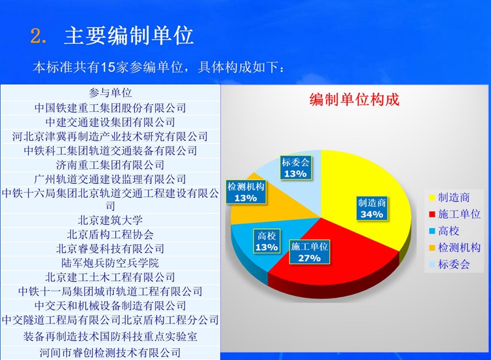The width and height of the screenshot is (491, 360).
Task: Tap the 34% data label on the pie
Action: coord(372,209)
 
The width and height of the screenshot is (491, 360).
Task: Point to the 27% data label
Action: coord(310,252)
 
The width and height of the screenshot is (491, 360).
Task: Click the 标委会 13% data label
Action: coord(295,168)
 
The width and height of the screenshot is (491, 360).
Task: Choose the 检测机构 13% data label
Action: coord(245,192)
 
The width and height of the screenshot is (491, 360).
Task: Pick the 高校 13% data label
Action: coord(267,242)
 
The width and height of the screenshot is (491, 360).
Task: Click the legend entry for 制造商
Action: coord(449,198)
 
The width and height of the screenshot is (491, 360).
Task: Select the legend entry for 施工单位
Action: coord(455,214)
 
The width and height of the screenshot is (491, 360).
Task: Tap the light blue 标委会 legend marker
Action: coord(432,265)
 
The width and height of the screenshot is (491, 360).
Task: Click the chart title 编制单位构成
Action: coord(354,100)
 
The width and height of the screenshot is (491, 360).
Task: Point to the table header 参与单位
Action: coord(110,93)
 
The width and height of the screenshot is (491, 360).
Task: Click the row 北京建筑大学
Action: coord(110,221)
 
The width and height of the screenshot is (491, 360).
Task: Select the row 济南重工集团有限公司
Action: coord(110,165)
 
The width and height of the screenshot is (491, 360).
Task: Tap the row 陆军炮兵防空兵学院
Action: coord(110,263)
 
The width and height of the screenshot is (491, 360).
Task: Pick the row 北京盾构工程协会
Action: coord(110,234)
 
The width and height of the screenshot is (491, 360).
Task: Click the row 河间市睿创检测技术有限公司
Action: coord(110,353)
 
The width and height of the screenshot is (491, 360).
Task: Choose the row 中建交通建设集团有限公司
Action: coord(110,122)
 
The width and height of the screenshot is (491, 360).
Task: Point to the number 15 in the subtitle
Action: coord(108,67)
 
